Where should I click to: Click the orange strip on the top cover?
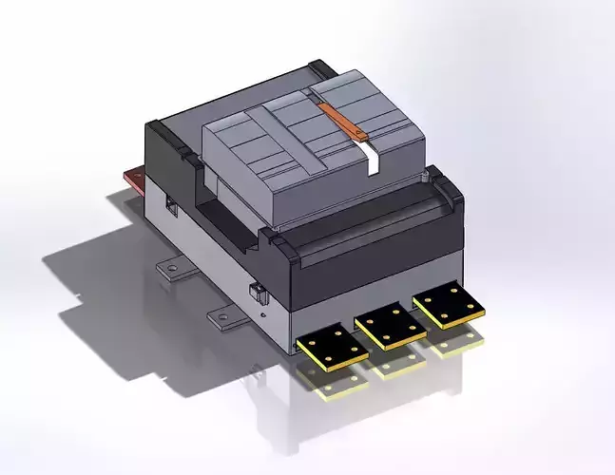[x=343, y=123]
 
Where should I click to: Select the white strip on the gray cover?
[x=372, y=161]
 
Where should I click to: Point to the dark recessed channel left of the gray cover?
[x=228, y=214]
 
